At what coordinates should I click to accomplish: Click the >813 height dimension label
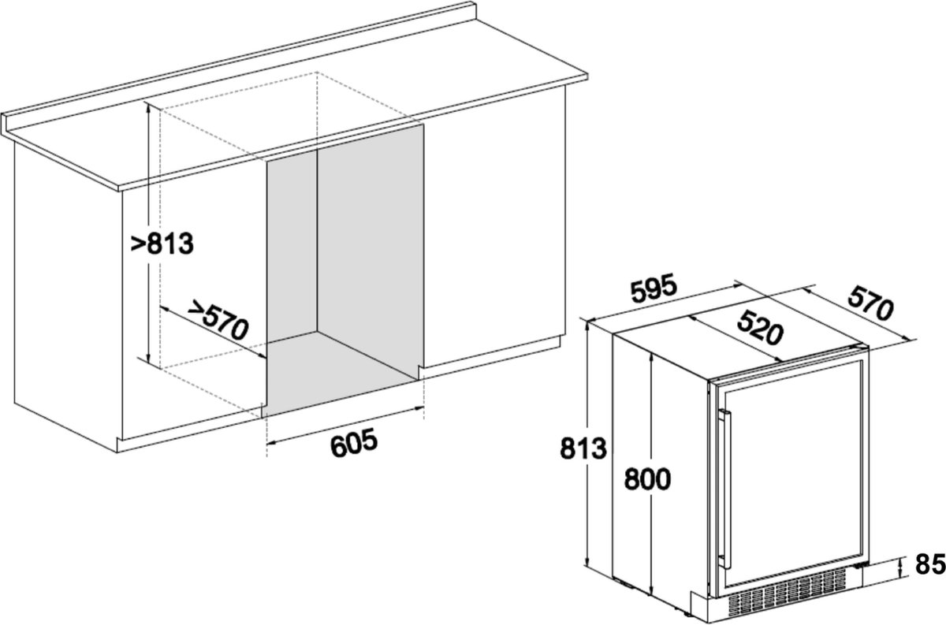(162, 244)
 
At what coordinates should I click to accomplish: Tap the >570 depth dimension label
(218, 320)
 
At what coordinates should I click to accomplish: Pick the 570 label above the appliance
(871, 303)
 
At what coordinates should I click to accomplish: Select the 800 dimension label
(647, 479)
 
